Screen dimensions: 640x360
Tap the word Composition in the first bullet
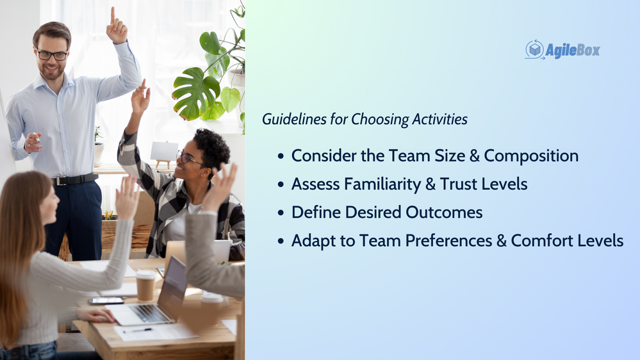coord(531,156)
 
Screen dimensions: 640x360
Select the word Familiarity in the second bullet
coord(382,184)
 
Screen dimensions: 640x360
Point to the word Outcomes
coord(444,212)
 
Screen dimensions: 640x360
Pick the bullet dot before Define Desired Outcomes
coord(281,213)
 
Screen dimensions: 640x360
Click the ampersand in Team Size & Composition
coord(474,156)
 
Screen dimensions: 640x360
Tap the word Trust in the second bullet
coord(459,184)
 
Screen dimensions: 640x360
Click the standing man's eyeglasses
coord(52,54)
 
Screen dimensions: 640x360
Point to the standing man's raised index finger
coord(112,15)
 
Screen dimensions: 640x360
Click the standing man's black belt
coord(75,179)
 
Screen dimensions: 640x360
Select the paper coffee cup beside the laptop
coord(145,285)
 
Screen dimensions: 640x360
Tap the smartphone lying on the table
coord(106,301)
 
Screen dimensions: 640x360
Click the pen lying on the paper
coord(137,330)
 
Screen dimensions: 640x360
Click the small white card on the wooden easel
coord(164,151)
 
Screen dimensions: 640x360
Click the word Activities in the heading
coord(439,119)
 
